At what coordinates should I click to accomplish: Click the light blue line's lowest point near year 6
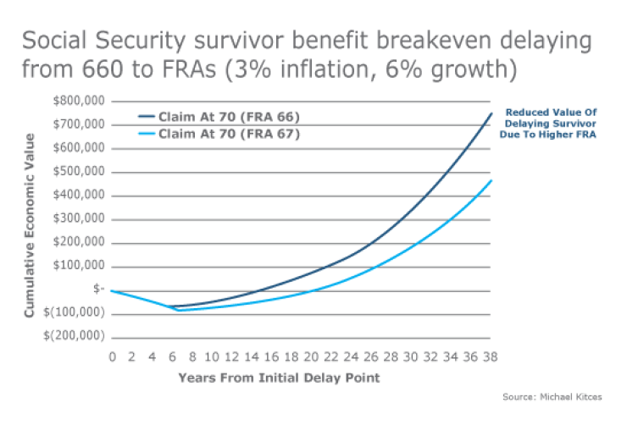tap(178, 310)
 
